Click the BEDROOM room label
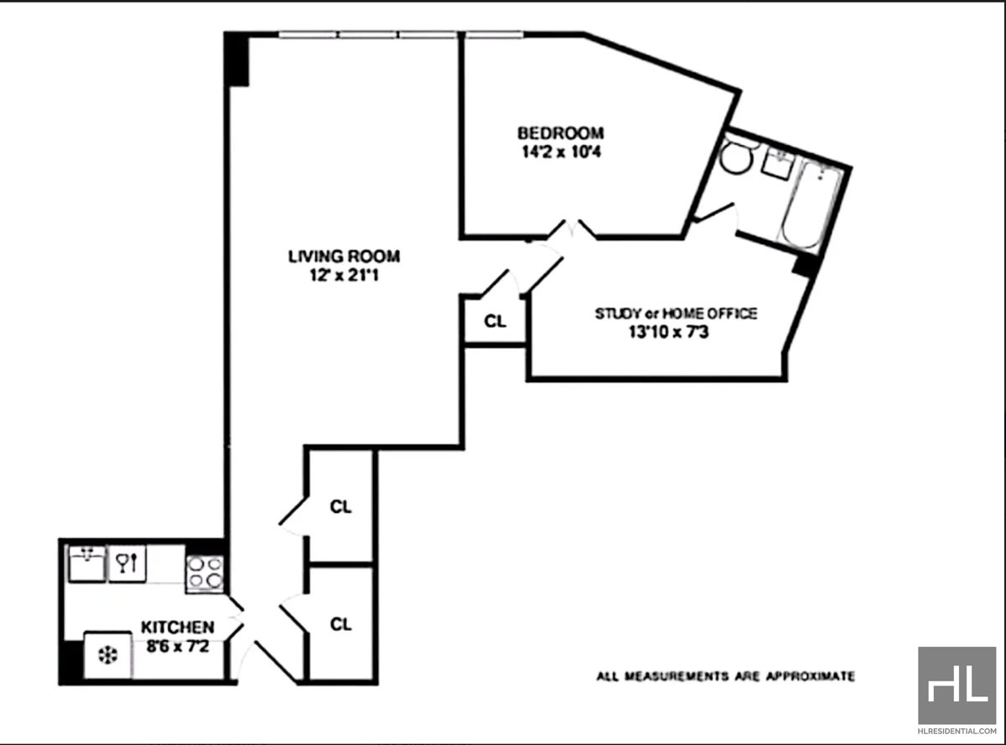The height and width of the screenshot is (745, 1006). click(x=560, y=133)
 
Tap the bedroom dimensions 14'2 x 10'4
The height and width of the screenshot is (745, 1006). click(x=560, y=152)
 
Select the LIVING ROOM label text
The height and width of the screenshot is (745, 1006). click(x=344, y=256)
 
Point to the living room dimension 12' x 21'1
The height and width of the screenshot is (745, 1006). click(x=344, y=275)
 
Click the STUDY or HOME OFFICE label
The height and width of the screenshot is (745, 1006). click(x=676, y=313)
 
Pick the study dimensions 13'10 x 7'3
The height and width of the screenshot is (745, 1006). click(x=676, y=332)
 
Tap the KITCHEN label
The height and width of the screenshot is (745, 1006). click(x=177, y=627)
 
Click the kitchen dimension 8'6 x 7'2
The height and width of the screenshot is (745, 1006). click(x=177, y=645)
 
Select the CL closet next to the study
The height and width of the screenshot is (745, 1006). click(x=495, y=322)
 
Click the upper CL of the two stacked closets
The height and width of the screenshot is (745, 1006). click(x=340, y=506)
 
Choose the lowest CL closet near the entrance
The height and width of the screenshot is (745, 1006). click(x=340, y=623)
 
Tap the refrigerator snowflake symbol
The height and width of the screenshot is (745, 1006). click(x=106, y=654)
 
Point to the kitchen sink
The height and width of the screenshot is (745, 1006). click(x=87, y=563)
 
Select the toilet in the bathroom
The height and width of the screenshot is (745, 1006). click(x=739, y=158)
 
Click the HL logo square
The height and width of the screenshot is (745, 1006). click(x=957, y=686)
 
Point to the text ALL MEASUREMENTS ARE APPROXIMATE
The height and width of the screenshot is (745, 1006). click(x=725, y=675)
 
